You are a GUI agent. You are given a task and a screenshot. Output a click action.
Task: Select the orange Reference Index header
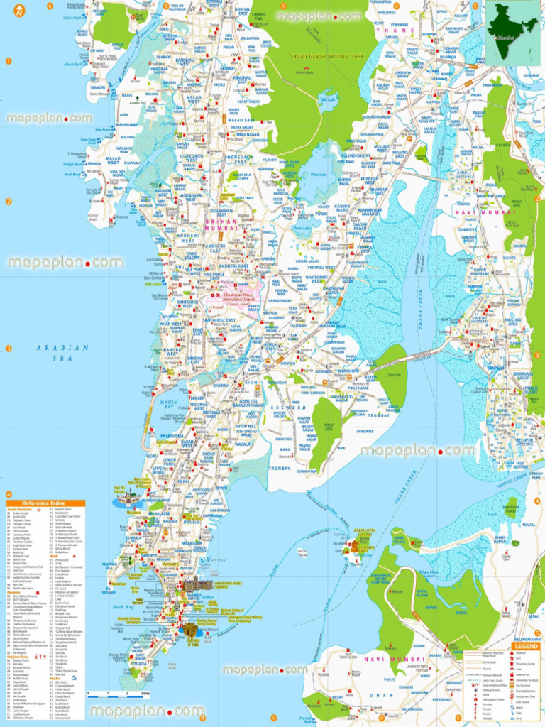tap(45, 503)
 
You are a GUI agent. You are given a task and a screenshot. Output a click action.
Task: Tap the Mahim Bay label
tap(170, 405)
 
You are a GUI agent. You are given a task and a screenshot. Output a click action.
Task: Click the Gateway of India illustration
tap(190, 628)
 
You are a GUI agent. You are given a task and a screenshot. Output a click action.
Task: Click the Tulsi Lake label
tap(327, 100)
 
